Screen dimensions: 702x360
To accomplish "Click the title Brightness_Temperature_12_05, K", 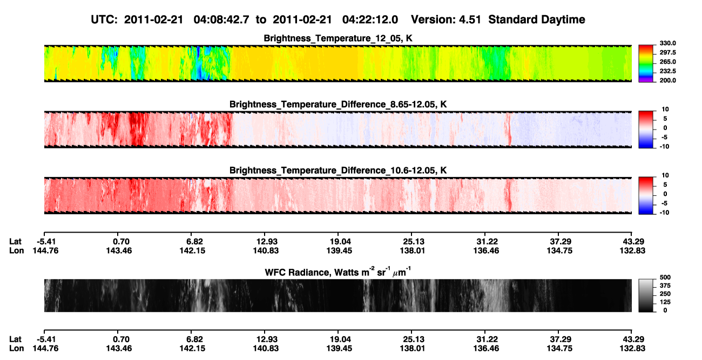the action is point(338,38).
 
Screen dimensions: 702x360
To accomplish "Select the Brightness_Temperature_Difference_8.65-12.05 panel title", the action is point(338,104).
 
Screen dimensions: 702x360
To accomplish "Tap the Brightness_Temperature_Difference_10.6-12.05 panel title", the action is point(338,171).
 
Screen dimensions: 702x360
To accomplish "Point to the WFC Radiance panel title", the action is point(338,271).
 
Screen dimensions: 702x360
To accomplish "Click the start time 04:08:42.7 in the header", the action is point(221,20).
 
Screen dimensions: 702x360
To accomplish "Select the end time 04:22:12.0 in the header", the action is point(370,20).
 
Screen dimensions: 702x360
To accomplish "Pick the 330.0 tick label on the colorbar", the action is point(667,43).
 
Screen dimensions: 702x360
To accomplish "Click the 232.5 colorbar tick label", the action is point(667,71).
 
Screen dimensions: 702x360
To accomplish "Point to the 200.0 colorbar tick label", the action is point(667,80).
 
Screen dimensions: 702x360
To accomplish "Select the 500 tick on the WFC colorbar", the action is point(665,277).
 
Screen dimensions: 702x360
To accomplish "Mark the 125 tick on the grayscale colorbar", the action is point(665,302).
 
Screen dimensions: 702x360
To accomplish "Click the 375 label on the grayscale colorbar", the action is point(665,286).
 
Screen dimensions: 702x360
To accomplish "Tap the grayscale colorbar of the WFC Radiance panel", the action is point(646,295).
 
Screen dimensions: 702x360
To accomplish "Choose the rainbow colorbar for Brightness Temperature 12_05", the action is point(646,64).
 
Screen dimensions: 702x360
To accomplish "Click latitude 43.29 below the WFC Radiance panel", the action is point(633,339).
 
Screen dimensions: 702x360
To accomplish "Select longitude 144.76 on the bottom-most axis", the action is point(45,349).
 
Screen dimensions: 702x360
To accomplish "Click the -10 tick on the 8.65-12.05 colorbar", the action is point(664,147).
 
